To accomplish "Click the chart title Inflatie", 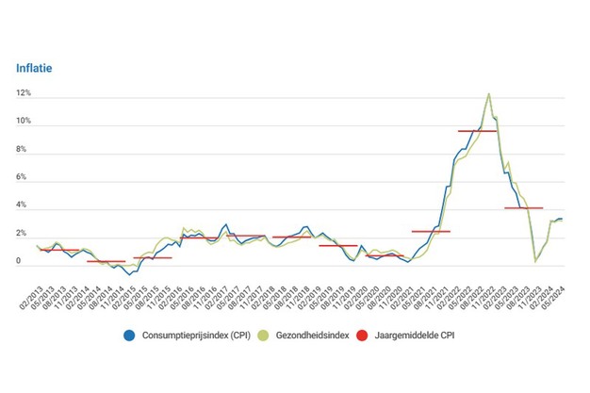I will tap(35, 68).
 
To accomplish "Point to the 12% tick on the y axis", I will tap(23, 94).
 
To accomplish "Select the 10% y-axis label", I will tap(23, 123).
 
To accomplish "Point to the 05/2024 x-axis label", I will tap(556, 292).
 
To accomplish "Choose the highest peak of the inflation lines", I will tap(488, 93).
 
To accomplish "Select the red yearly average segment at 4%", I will tap(523, 207).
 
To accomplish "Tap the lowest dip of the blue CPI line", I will tap(128, 274).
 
